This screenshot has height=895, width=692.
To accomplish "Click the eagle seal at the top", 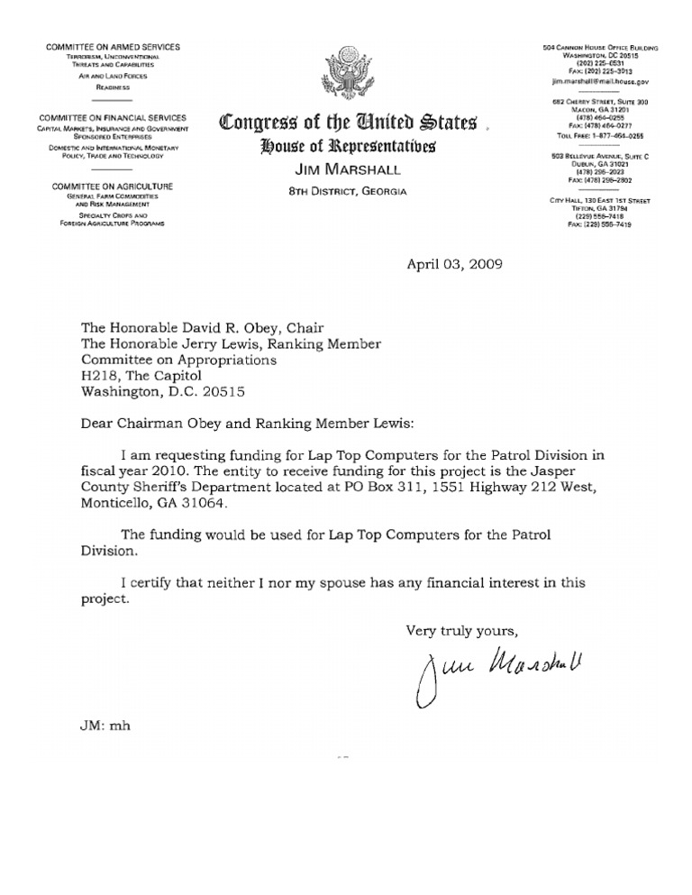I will click(x=347, y=75).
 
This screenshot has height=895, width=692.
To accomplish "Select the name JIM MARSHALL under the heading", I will click(x=346, y=171).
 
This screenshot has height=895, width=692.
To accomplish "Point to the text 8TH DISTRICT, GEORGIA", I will click(x=346, y=191).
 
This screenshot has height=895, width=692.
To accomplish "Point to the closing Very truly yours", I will click(x=461, y=628).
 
